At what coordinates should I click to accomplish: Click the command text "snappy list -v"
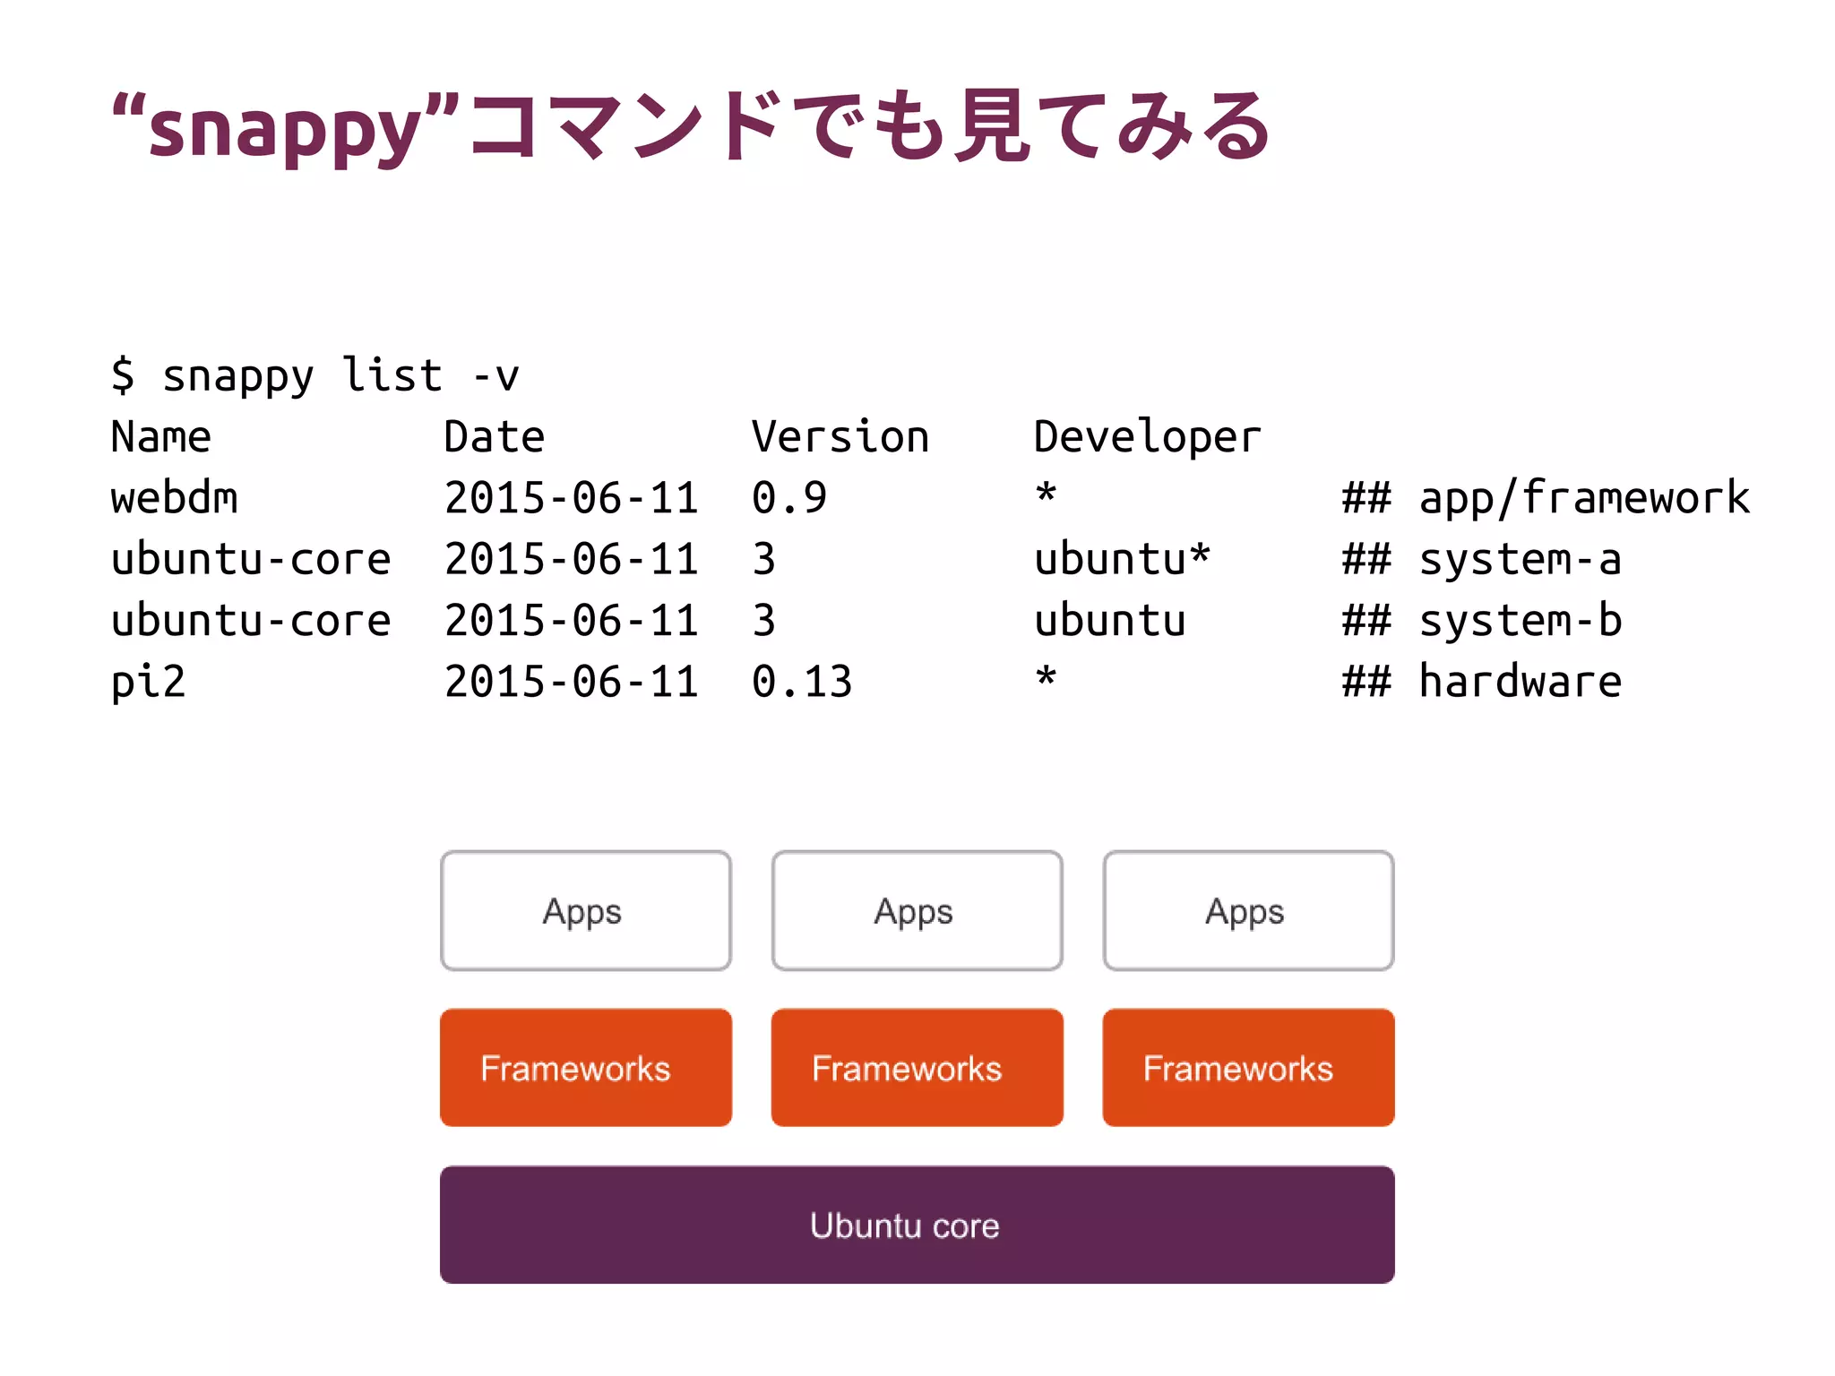pos(340,375)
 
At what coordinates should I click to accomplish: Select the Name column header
pos(161,437)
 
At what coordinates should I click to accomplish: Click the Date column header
pos(495,437)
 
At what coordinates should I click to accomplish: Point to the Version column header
pos(840,437)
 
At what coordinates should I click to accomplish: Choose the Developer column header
pos(1147,437)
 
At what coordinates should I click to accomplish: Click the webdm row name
pos(175,498)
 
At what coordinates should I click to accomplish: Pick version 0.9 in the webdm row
pos(788,498)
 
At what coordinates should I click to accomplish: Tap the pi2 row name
pos(148,682)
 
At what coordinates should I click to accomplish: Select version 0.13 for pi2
pos(802,682)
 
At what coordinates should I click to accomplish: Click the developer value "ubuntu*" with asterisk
pos(1122,560)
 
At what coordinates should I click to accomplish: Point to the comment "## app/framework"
pos(1546,498)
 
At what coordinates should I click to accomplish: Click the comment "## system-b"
pos(1482,621)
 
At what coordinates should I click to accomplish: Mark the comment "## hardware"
pos(1482,682)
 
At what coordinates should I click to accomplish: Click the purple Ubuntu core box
pos(917,1225)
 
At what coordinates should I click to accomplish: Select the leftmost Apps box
pos(586,911)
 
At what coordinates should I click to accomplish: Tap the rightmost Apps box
pos(1248,911)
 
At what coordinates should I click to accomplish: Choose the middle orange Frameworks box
pos(917,1068)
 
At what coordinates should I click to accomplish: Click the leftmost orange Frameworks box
pos(586,1068)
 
